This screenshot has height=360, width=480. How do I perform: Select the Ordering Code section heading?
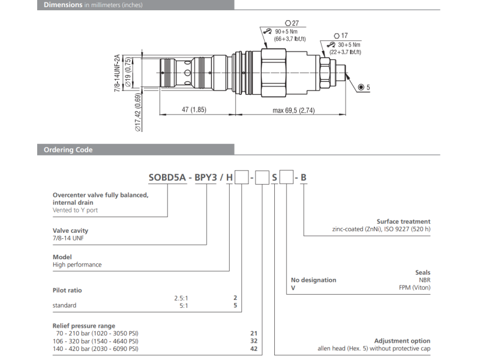(x=68, y=150)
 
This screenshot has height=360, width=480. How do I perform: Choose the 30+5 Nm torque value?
(x=349, y=44)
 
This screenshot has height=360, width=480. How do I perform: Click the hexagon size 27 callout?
(x=292, y=23)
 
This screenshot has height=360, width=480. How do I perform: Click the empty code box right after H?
(x=241, y=177)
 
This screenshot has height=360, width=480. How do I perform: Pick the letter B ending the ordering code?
(x=304, y=177)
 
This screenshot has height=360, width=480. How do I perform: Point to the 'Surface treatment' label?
(x=403, y=221)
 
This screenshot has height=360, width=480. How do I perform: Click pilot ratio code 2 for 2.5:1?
(x=235, y=298)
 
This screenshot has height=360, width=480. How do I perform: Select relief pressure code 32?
(x=253, y=340)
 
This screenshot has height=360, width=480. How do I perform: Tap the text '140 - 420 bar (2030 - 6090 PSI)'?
(x=96, y=349)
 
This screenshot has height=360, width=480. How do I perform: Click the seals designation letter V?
(x=293, y=288)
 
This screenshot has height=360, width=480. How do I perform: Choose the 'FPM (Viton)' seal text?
(x=414, y=288)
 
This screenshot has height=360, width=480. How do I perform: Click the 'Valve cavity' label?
(x=71, y=230)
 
